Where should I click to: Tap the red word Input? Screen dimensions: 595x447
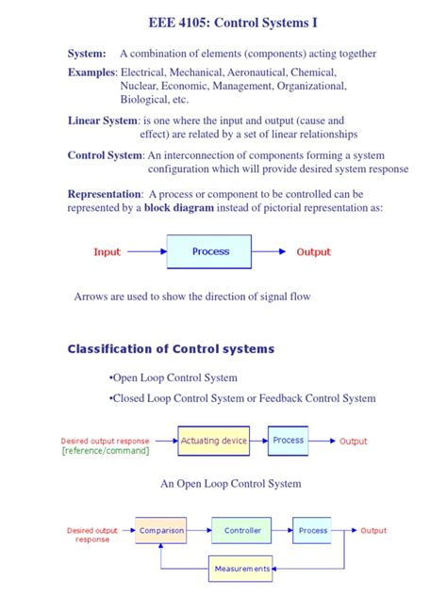point(107,252)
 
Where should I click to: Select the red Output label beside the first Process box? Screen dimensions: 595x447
point(314,252)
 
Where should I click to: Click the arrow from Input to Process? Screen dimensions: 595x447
point(146,252)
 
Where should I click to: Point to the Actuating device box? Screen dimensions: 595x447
point(214,441)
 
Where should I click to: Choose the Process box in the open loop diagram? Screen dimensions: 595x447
point(288,440)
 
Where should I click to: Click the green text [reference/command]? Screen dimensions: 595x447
point(105,451)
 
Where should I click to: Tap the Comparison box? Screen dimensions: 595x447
point(160,531)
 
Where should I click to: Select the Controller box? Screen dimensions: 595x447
point(242,531)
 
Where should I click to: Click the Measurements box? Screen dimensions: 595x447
point(242,569)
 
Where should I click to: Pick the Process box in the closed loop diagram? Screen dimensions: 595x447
point(313,531)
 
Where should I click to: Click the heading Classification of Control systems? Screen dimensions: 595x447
point(171,349)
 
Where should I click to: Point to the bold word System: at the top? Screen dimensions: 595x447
point(87,54)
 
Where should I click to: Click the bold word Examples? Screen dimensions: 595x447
point(91,72)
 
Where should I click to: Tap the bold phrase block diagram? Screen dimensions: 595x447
point(178,208)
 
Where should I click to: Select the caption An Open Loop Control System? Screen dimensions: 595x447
point(231,483)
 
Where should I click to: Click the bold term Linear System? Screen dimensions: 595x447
point(102,121)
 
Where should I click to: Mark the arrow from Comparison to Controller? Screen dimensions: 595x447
point(198,531)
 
